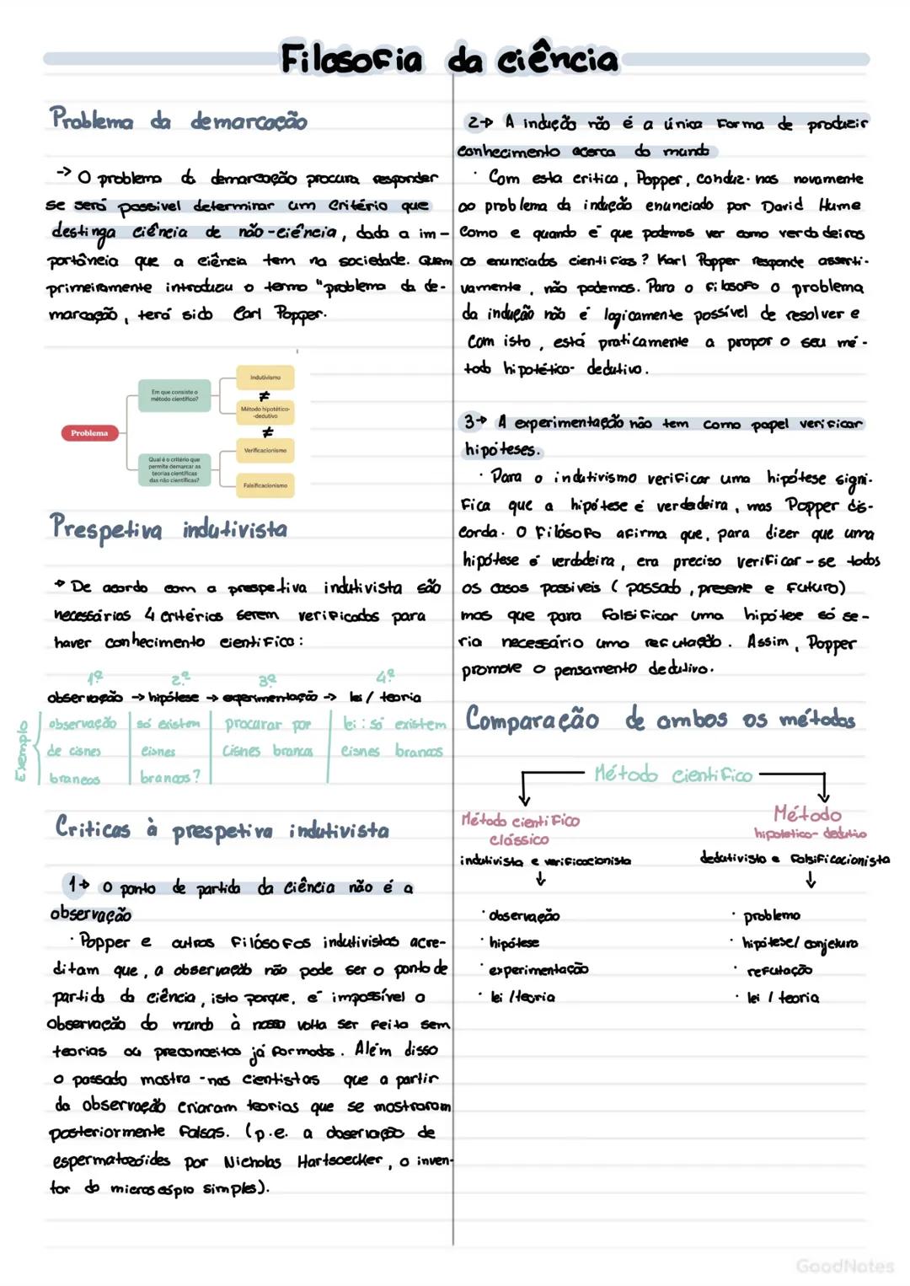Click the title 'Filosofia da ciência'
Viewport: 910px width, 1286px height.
[449, 59]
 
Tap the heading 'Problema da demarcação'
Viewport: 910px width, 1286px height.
[178, 120]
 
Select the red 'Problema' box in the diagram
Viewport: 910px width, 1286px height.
[89, 433]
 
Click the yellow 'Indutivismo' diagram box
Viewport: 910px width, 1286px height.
[265, 378]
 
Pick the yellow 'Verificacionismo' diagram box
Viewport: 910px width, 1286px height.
[265, 451]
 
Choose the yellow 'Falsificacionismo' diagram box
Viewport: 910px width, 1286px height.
[265, 485]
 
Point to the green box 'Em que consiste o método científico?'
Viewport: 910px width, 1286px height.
[174, 394]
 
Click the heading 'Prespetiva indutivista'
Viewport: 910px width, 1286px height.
[169, 528]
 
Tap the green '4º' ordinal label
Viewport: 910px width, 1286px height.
[385, 676]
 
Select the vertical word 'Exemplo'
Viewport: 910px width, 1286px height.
[22, 750]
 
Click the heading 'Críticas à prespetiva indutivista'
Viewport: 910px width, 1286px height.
[222, 829]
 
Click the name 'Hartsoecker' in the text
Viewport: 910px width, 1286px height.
[340, 1161]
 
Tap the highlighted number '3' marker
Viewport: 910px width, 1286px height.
[470, 421]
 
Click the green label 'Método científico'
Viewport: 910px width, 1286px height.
[673, 774]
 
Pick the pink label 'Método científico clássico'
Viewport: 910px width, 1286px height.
[520, 829]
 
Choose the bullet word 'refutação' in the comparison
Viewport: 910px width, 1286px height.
[779, 971]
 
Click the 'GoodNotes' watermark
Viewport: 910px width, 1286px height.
[844, 1266]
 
